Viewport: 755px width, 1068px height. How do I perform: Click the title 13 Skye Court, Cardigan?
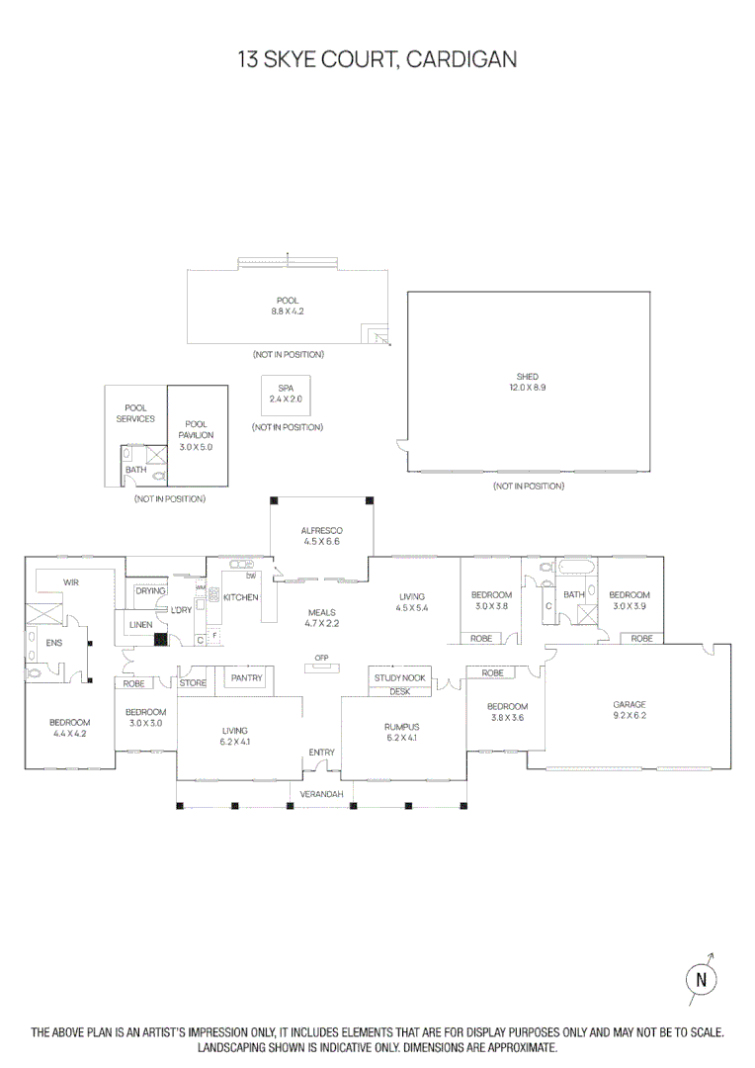[x=377, y=59]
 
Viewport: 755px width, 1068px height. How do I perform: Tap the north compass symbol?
[x=701, y=979]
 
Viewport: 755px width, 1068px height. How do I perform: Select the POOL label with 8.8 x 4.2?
[x=287, y=301]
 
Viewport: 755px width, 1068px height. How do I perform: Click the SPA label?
[x=287, y=390]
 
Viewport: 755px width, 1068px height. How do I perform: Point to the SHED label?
[x=528, y=377]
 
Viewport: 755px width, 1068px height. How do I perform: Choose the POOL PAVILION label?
[x=196, y=429]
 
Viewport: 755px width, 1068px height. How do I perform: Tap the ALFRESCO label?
[x=320, y=531]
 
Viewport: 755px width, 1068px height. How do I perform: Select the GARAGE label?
[x=629, y=705]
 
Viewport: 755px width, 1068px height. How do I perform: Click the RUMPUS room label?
[x=401, y=727]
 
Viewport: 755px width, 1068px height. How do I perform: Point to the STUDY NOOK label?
[x=400, y=677]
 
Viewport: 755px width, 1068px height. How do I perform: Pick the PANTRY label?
[x=245, y=678]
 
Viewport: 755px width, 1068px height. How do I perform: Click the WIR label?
[x=71, y=582]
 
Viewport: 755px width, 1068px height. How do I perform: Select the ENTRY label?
[x=321, y=753]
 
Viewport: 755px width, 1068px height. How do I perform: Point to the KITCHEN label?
[x=240, y=597]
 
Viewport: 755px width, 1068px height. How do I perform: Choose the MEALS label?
[x=320, y=612]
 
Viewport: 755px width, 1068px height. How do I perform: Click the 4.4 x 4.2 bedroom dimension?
[x=69, y=735]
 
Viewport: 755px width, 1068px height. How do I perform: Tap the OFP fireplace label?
[x=320, y=658]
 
